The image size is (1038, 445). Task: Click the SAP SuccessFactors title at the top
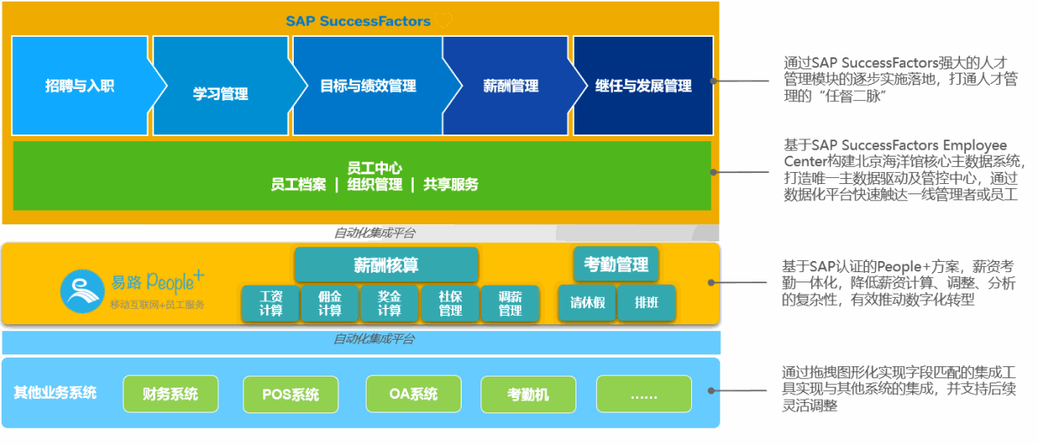click(x=358, y=21)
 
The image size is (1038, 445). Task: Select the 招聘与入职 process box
click(x=80, y=86)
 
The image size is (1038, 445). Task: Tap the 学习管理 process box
click(x=220, y=92)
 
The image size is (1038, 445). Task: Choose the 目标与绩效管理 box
click(x=368, y=86)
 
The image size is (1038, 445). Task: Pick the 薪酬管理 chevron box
click(x=510, y=86)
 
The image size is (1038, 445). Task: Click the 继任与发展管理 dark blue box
click(x=643, y=86)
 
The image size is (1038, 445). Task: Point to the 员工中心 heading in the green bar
click(x=374, y=169)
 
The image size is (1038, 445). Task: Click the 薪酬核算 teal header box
click(x=386, y=265)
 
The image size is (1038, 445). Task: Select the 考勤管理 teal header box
click(x=616, y=264)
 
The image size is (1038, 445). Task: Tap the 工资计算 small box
click(x=271, y=304)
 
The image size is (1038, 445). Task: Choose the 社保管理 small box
click(x=450, y=304)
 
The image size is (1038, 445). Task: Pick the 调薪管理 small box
click(x=510, y=304)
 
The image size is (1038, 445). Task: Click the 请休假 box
click(x=587, y=303)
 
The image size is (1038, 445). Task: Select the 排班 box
click(x=647, y=303)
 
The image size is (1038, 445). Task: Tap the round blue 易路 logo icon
click(x=82, y=290)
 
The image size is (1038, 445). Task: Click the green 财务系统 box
click(x=170, y=394)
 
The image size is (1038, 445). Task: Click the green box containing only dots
click(x=643, y=395)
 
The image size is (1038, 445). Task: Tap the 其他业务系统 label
click(x=55, y=393)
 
